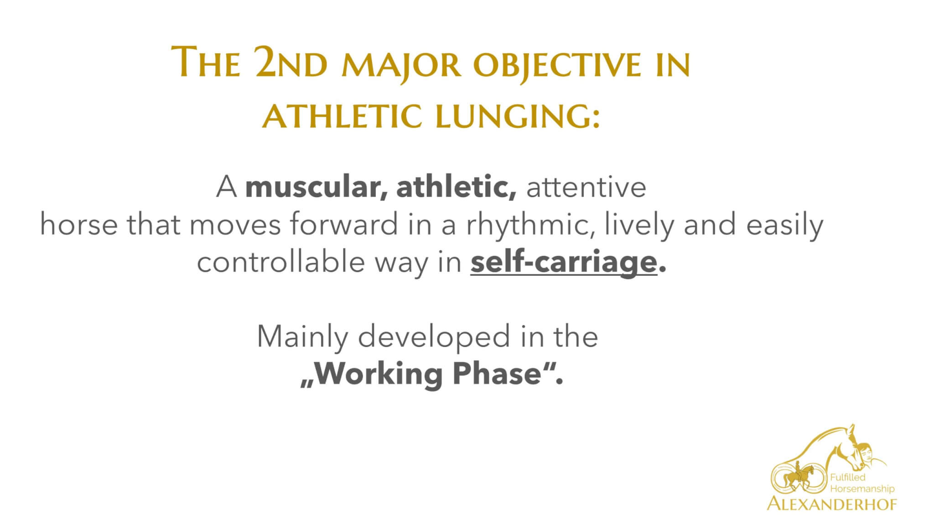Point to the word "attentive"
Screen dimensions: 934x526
click(586, 187)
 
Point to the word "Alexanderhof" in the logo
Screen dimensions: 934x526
click(832, 505)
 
